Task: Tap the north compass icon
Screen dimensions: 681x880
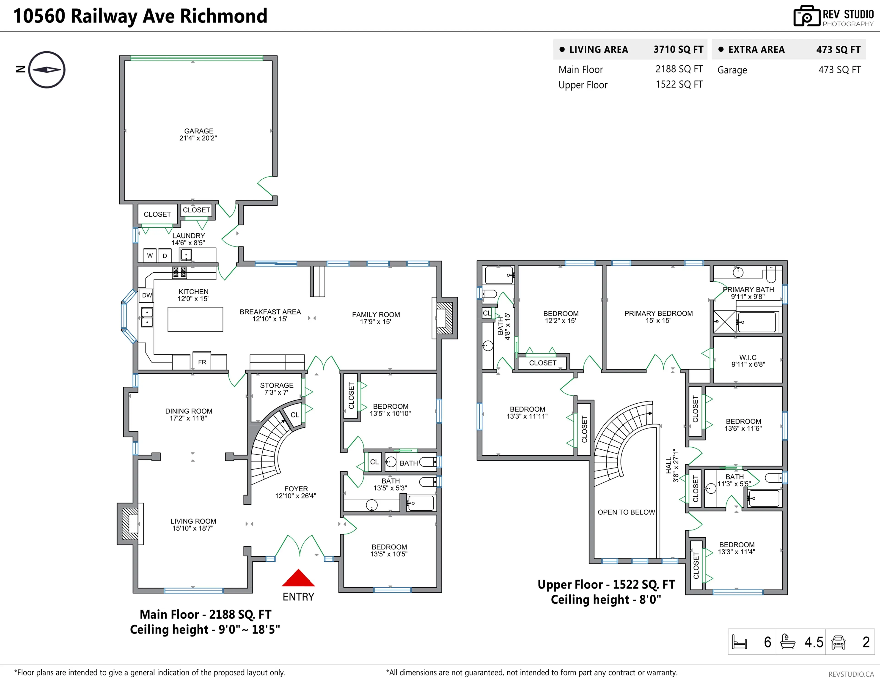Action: click(x=47, y=70)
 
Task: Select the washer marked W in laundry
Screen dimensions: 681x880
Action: click(x=150, y=255)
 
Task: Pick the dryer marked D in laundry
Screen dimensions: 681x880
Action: click(x=165, y=256)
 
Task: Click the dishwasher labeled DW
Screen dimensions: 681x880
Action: click(x=147, y=295)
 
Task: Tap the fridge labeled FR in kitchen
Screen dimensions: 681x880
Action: click(x=202, y=362)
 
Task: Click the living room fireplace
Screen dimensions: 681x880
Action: click(x=130, y=524)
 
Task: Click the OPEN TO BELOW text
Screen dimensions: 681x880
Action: click(x=626, y=512)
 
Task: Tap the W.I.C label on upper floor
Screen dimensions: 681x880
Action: click(x=748, y=361)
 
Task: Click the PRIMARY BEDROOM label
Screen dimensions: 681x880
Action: click(x=658, y=317)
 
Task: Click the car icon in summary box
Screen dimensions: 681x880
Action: click(x=838, y=642)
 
